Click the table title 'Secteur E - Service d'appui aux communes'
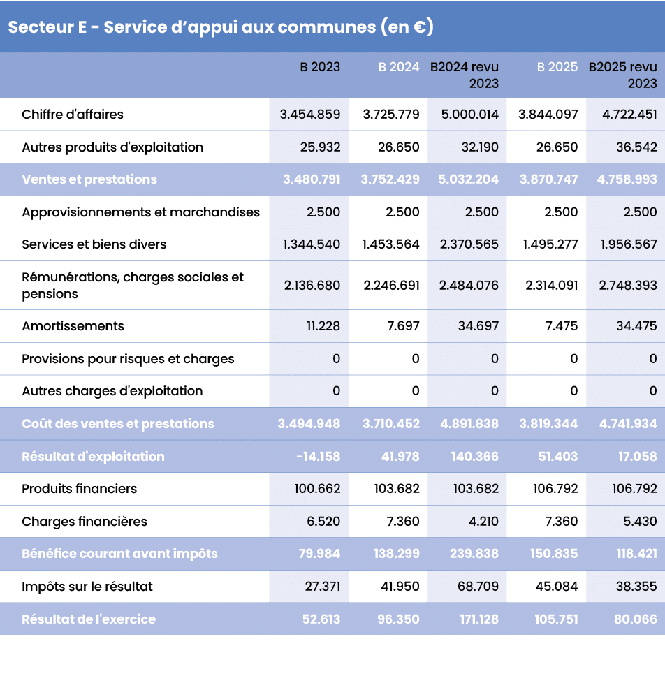[221, 27]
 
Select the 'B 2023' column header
[320, 67]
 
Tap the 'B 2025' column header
[557, 67]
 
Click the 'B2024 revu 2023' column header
[465, 75]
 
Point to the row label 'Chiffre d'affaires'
[73, 115]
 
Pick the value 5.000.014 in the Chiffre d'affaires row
[469, 115]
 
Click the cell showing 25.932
[319, 147]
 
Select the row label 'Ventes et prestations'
[89, 179]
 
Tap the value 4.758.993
[627, 179]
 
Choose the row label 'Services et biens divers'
[94, 244]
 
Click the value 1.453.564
[390, 244]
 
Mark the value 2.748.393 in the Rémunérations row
[627, 286]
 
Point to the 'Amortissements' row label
[73, 326]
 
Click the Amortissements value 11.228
[323, 326]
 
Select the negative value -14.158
[318, 457]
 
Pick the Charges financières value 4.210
[481, 522]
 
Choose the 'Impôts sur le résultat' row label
[87, 587]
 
